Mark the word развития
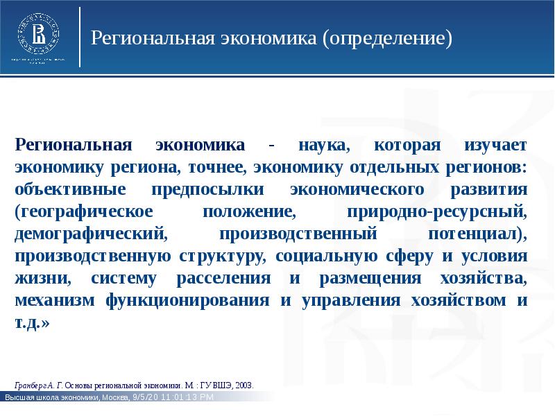[x=486, y=189]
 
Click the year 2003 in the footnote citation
[x=245, y=383]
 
